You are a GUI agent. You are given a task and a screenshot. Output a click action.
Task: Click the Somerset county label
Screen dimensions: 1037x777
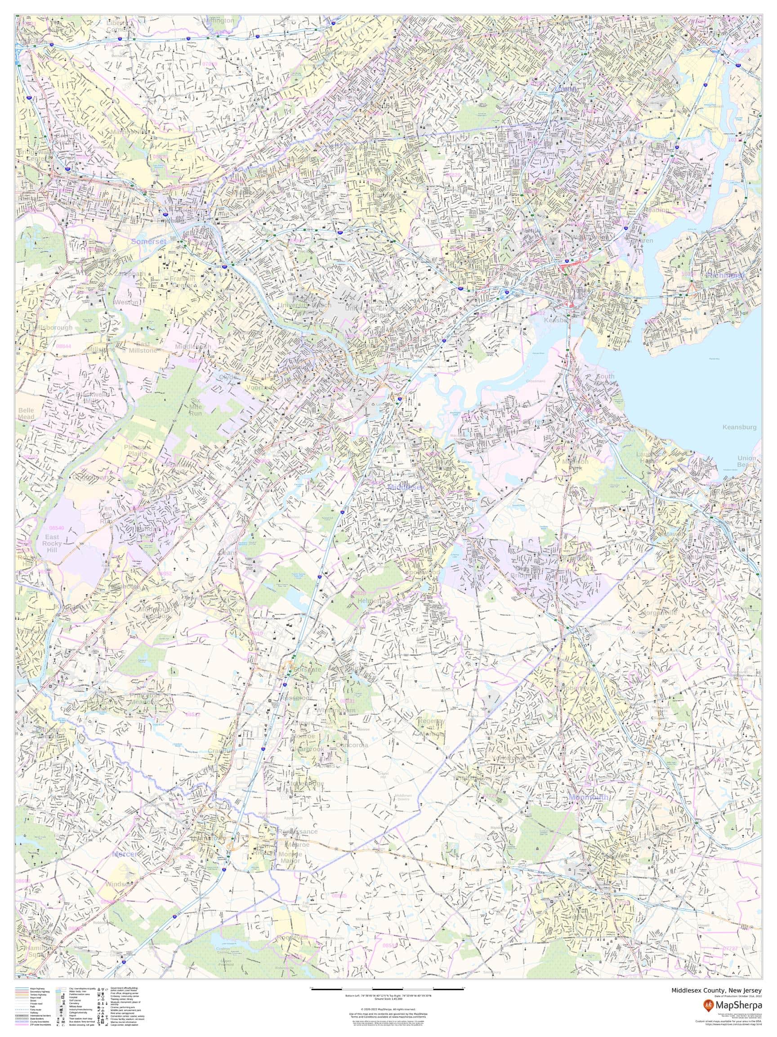[x=148, y=241]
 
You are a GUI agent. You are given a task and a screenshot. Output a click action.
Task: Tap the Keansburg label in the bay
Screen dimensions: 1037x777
[x=739, y=427]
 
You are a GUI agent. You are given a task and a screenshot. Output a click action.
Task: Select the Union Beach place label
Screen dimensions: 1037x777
[x=746, y=461]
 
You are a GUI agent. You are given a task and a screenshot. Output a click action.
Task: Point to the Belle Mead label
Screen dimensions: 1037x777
[x=26, y=414]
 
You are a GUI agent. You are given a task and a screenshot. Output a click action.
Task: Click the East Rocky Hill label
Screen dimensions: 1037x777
[x=52, y=543]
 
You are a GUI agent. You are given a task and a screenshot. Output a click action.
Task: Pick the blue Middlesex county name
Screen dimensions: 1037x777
[x=406, y=487]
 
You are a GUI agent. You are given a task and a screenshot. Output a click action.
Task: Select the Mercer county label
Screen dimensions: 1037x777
[x=125, y=854]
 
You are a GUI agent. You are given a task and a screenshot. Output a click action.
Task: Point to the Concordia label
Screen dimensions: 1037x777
[x=352, y=745]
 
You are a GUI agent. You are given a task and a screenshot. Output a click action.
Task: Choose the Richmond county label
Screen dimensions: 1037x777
[x=724, y=275]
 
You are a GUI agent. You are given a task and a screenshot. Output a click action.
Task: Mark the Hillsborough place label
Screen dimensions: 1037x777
[x=53, y=327]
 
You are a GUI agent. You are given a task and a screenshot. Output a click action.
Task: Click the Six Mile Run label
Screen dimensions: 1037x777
[x=196, y=407]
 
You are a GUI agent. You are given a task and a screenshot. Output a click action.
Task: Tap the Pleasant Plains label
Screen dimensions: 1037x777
[x=138, y=451]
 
